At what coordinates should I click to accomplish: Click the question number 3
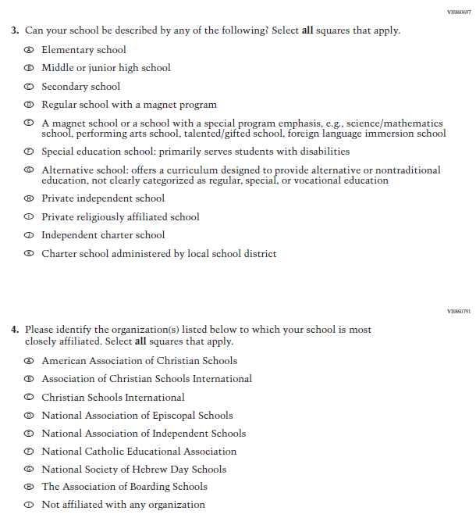coord(14,30)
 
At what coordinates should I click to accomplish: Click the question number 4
coord(14,330)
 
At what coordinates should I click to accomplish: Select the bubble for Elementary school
coord(29,50)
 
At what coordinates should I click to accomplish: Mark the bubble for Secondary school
coord(29,87)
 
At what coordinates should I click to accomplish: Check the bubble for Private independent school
coord(29,198)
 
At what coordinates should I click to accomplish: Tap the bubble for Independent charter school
coord(29,235)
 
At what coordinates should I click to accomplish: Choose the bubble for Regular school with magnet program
coord(29,105)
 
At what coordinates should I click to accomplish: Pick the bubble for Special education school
coord(29,152)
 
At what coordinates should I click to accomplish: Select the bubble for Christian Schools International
coord(29,398)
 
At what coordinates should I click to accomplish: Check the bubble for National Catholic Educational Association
coord(29,452)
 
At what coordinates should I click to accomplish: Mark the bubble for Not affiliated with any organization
coord(29,505)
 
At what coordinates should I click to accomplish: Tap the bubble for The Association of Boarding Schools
coord(29,487)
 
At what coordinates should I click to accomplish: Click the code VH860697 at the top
coord(458,13)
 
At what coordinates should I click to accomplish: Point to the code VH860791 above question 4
coord(458,311)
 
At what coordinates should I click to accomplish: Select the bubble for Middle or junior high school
coord(29,68)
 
